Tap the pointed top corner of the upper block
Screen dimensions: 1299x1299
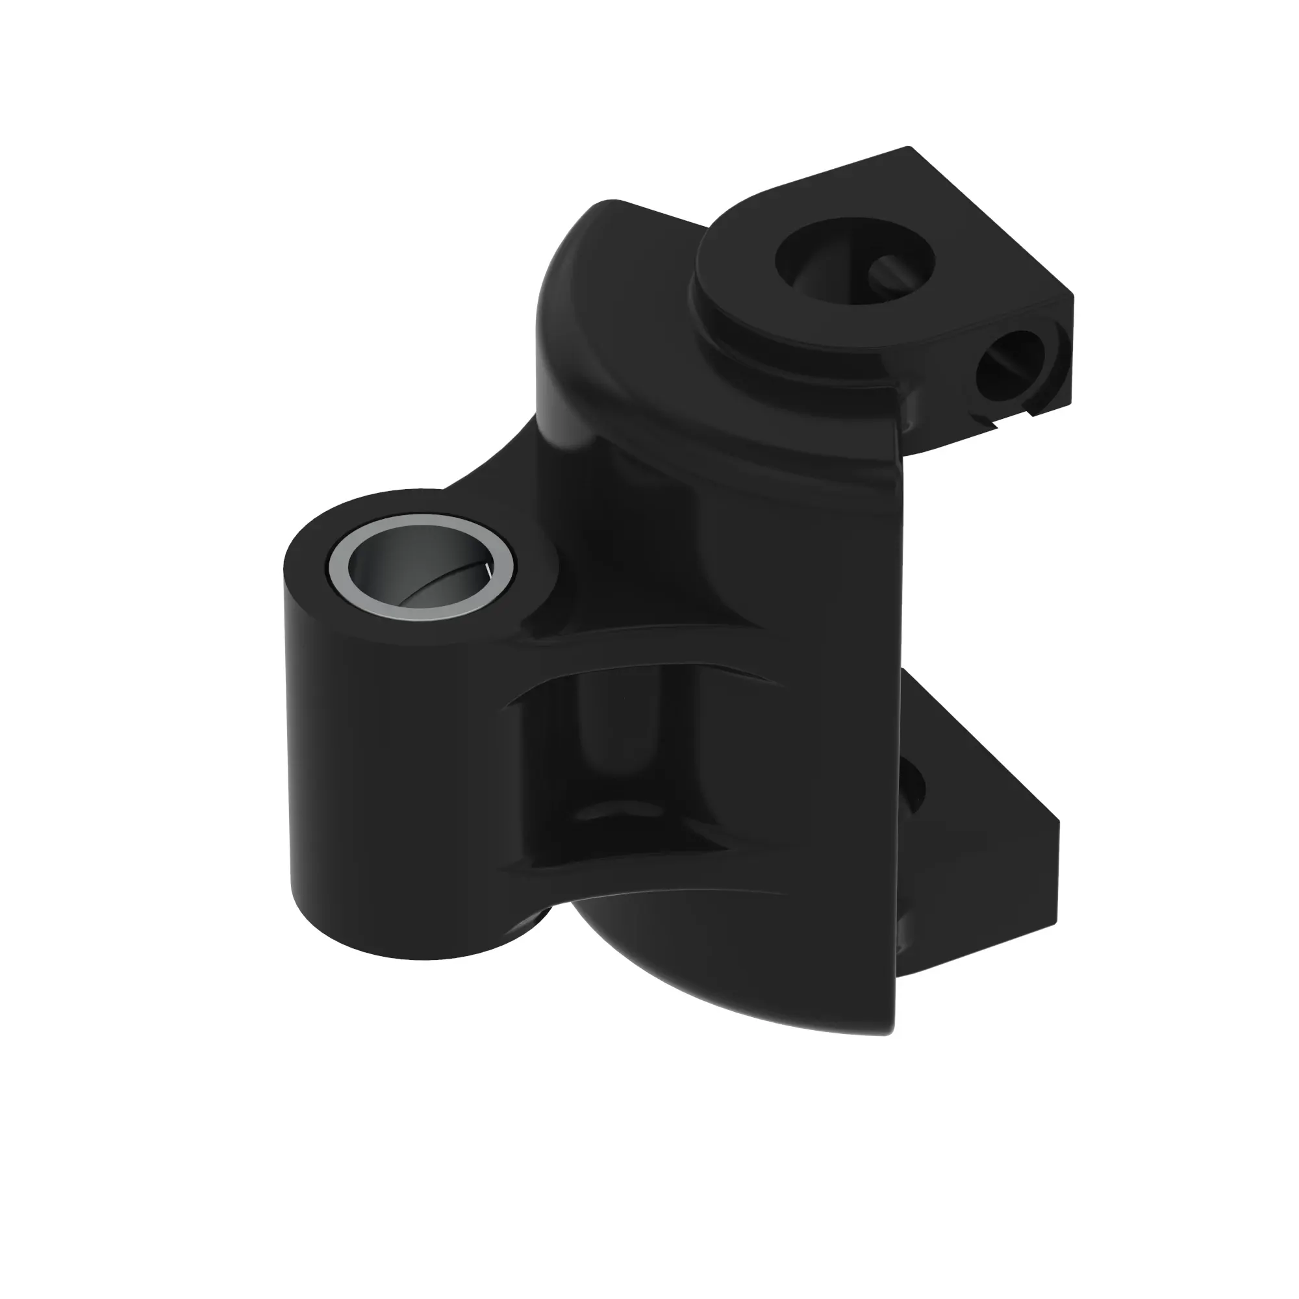tap(909, 148)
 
